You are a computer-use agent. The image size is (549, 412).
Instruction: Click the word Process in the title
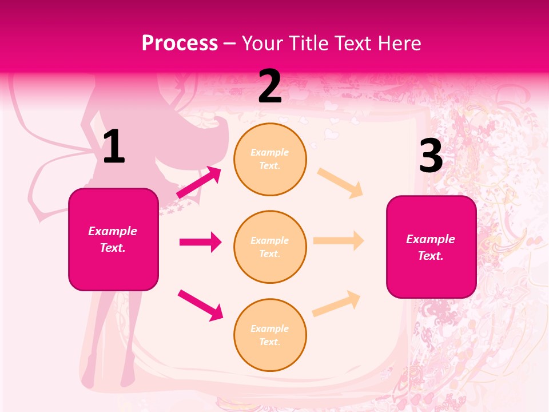(x=180, y=43)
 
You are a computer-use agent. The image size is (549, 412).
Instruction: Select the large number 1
(x=114, y=147)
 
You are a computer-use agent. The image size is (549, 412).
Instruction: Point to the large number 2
(x=270, y=86)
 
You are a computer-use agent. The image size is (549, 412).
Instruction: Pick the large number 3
(x=431, y=156)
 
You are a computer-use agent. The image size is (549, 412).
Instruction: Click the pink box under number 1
(x=113, y=239)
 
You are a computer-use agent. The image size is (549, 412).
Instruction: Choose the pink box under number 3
(x=431, y=247)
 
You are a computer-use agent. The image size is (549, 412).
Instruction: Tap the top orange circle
(x=270, y=159)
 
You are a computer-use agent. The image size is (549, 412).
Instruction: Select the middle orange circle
(x=270, y=247)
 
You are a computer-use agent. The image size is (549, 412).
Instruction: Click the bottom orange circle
(x=270, y=335)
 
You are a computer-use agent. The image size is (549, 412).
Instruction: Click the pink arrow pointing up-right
(x=199, y=182)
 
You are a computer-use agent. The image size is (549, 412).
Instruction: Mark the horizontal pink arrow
(x=200, y=242)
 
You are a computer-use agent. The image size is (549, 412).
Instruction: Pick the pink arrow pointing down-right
(x=200, y=305)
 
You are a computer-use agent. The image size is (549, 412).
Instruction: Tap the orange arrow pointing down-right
(x=340, y=183)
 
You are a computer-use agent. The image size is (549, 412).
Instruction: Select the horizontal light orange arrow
(x=339, y=241)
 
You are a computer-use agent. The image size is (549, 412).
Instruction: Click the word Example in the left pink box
(x=113, y=231)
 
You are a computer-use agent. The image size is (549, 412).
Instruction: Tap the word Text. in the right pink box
(x=431, y=256)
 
